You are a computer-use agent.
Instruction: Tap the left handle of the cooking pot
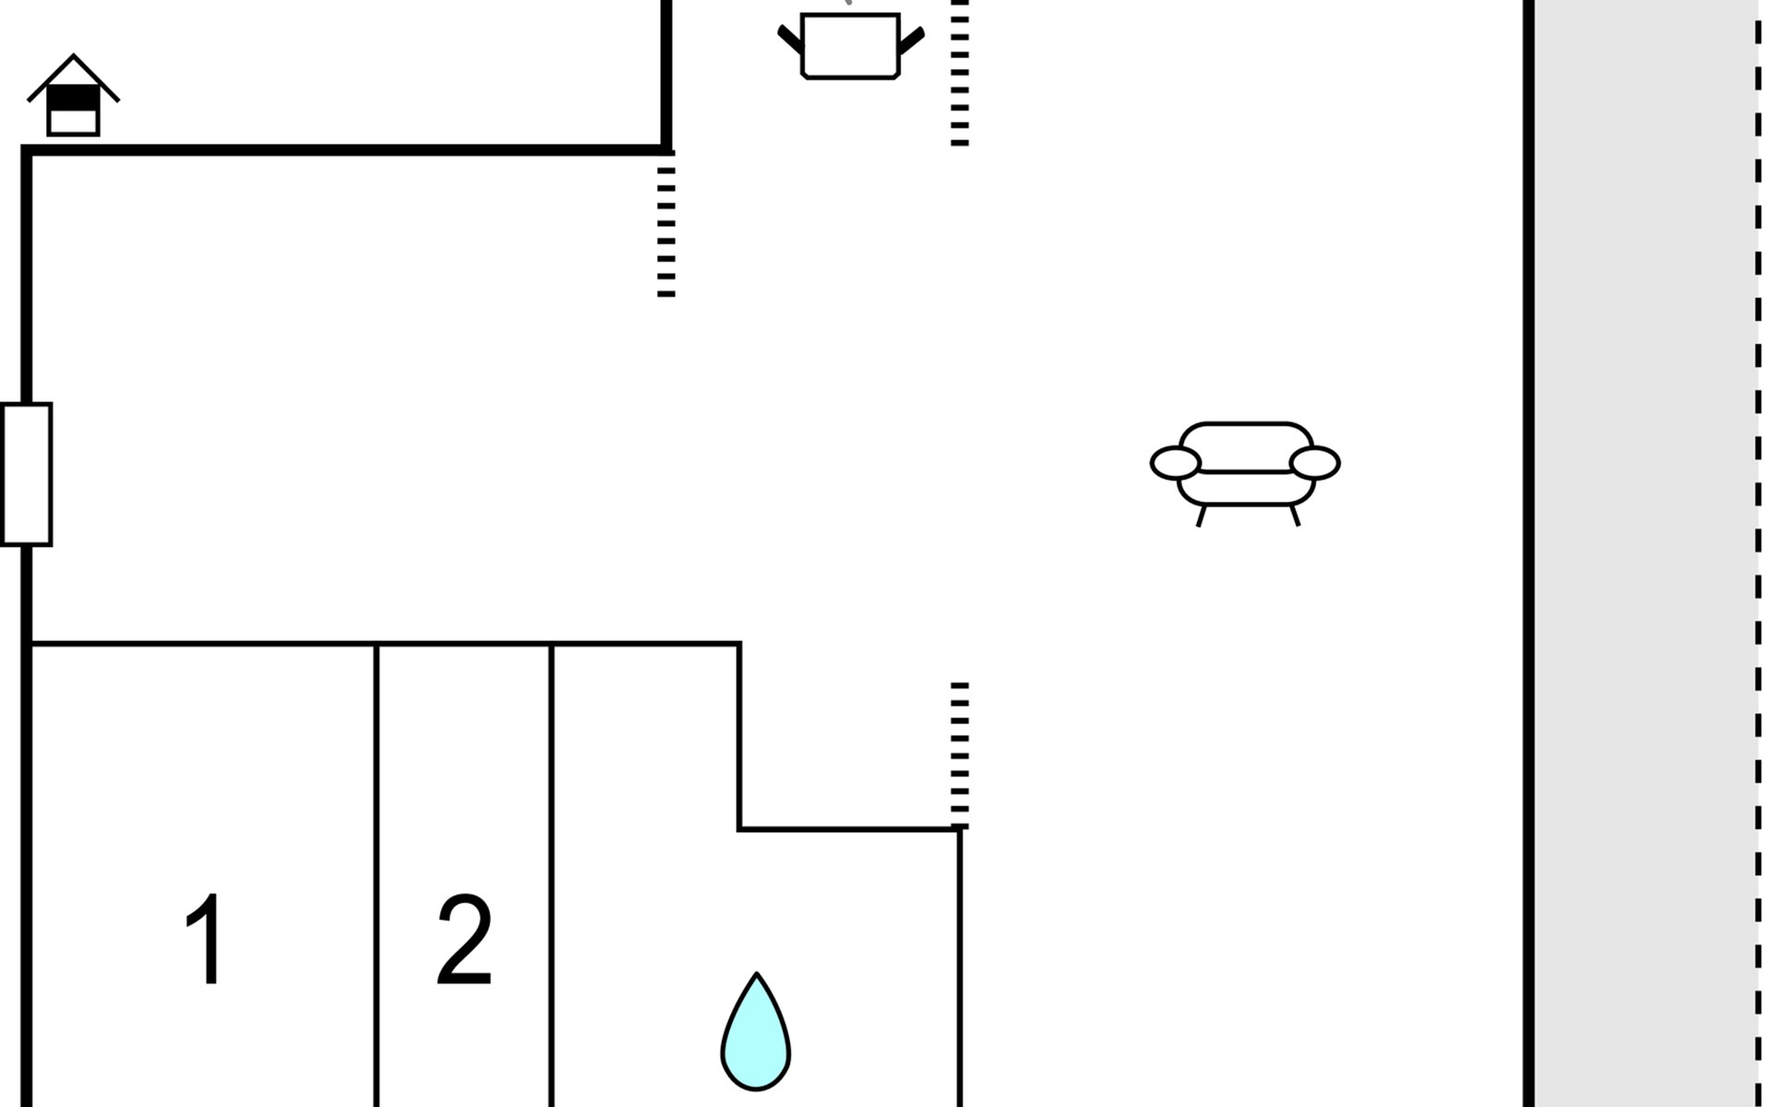[790, 40]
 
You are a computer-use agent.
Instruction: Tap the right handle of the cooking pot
[911, 40]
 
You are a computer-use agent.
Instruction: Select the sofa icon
[1245, 473]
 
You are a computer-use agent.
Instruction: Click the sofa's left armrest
[1175, 462]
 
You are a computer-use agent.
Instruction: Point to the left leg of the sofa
[1201, 516]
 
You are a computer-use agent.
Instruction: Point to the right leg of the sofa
[1295, 516]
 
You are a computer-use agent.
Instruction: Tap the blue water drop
[756, 1033]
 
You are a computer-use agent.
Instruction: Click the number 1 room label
[205, 939]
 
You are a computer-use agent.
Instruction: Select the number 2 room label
[464, 939]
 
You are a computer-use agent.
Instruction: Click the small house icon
[73, 95]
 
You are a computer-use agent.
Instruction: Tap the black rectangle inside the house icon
[73, 97]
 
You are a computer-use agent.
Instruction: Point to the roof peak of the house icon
[74, 55]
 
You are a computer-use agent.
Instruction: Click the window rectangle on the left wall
[26, 474]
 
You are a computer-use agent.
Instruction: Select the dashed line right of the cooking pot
[960, 73]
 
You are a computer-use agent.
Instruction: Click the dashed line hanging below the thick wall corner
[666, 225]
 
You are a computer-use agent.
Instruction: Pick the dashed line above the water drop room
[960, 756]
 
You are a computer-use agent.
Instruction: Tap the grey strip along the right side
[1646, 553]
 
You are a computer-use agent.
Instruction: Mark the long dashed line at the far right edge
[1758, 553]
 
